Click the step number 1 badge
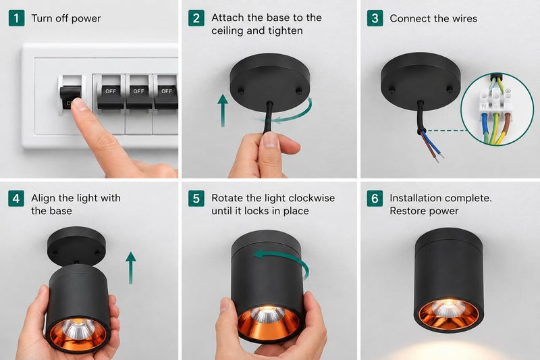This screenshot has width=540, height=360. [16, 18]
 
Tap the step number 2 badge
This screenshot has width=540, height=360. [196, 18]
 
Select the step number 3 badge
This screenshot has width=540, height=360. [375, 18]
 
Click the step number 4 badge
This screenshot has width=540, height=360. [16, 199]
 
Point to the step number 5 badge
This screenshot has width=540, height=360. [196, 199]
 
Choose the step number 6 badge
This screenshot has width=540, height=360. [375, 199]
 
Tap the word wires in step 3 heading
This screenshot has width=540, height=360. [464, 19]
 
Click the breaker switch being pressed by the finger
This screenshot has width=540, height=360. [71, 95]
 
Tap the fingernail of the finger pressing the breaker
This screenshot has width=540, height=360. [79, 104]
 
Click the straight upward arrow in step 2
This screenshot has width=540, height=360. [223, 110]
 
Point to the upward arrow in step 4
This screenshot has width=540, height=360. [130, 267]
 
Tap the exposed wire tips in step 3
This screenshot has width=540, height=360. [439, 158]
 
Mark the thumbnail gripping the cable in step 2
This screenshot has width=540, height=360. [271, 140]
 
